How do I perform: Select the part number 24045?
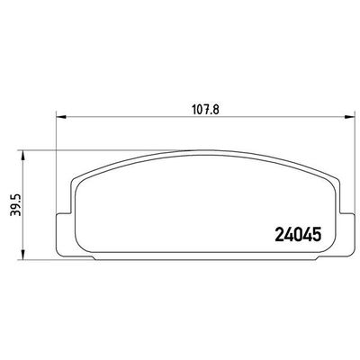point(296,235)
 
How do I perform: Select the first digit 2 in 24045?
point(276,235)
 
